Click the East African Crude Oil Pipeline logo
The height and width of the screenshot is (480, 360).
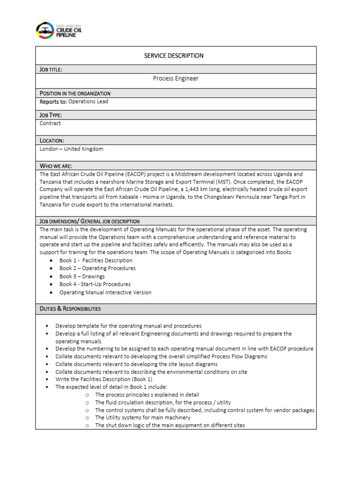click(60, 30)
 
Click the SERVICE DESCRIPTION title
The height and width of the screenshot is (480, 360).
click(173, 56)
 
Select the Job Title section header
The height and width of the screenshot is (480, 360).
click(51, 69)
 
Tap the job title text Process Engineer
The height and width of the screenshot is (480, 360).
click(175, 79)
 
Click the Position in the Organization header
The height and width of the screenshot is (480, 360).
click(75, 93)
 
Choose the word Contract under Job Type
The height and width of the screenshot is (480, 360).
click(50, 123)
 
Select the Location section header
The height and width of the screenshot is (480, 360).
click(52, 141)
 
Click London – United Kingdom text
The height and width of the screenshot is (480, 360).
click(71, 149)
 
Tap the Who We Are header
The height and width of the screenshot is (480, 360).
click(56, 166)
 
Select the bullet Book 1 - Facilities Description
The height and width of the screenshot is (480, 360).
click(96, 261)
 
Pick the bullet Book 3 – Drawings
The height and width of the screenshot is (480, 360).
click(82, 276)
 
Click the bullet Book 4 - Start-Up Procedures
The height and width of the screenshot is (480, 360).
click(95, 284)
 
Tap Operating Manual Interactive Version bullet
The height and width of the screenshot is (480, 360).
click(105, 292)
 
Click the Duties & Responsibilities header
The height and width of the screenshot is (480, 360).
click(70, 309)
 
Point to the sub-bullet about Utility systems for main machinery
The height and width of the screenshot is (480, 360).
click(142, 418)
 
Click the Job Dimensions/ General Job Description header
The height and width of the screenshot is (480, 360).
click(90, 221)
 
